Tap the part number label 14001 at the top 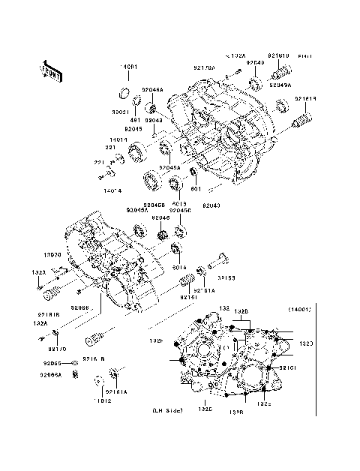click(x=129, y=67)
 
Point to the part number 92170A click(x=204, y=68)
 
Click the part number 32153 click(x=227, y=278)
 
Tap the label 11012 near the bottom click(x=103, y=402)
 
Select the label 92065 click(x=52, y=363)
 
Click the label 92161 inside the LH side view click(x=289, y=368)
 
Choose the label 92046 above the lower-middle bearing click(x=161, y=218)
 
